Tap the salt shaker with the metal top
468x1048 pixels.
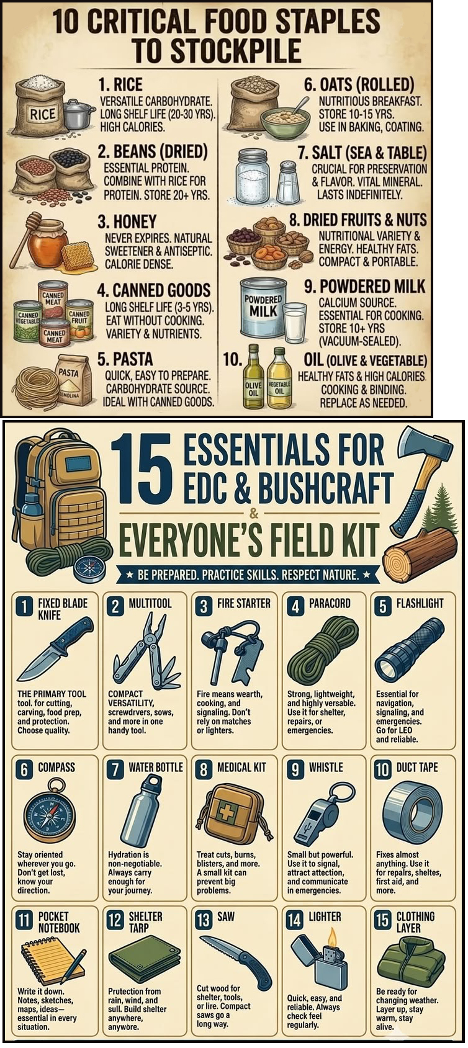tap(288, 182)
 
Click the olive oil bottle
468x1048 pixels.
tap(254, 376)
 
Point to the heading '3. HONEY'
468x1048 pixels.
tap(127, 222)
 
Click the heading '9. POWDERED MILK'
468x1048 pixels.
tap(365, 286)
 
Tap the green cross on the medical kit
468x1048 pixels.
tap(227, 813)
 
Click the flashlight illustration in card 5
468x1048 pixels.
tap(410, 650)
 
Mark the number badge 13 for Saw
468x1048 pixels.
tap(203, 920)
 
